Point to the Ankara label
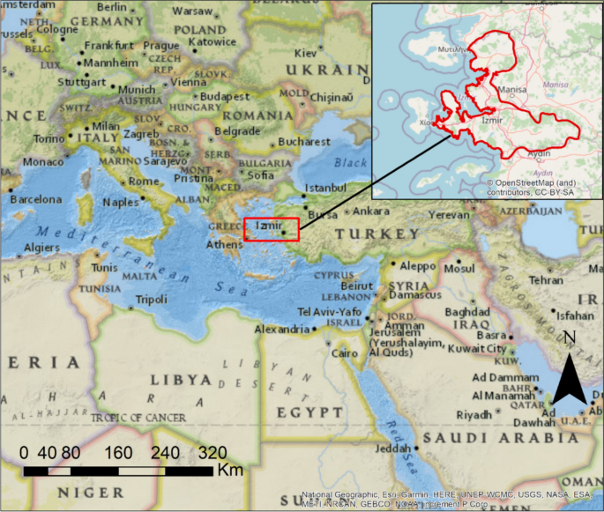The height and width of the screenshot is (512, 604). coord(371,211)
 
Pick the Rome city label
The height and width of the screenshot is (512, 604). coord(142,181)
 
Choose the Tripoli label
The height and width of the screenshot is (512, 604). coord(152,300)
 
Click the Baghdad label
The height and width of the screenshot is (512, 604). coord(466,312)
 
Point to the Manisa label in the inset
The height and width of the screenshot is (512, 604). coord(513,89)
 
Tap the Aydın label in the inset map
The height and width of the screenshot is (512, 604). coord(538,153)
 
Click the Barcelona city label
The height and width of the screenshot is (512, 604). coord(35,199)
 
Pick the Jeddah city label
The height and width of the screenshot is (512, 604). coord(392,449)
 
